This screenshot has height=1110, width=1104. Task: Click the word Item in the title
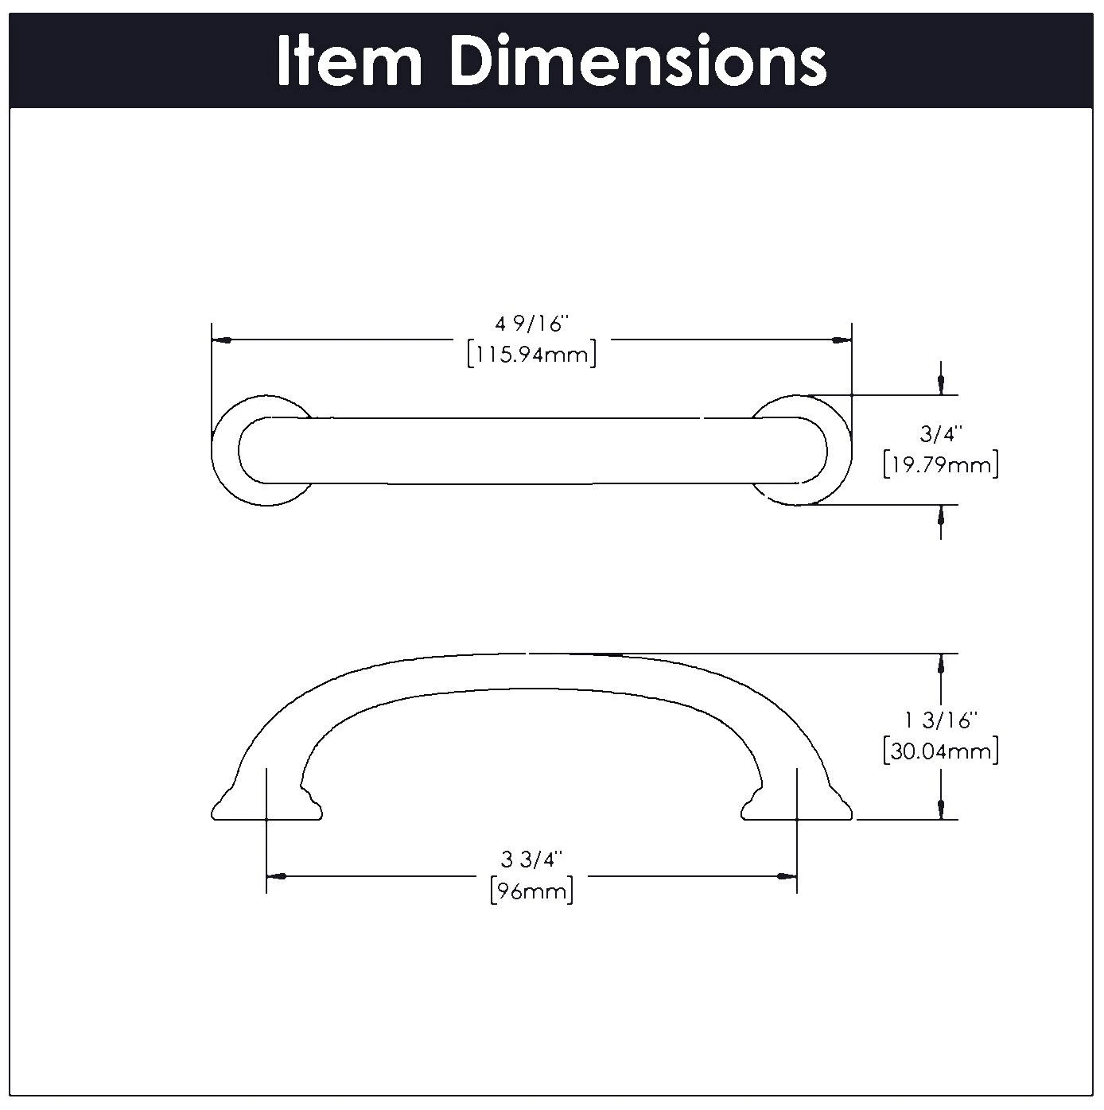tap(349, 61)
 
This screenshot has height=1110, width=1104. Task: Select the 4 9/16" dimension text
tap(532, 324)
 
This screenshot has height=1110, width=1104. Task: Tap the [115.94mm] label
tap(532, 354)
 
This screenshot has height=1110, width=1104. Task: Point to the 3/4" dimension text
tap(941, 433)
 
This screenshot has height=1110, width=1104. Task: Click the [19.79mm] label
tap(941, 464)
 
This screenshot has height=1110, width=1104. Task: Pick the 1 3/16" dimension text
tap(940, 720)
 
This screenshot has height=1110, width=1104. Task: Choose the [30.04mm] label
tap(941, 751)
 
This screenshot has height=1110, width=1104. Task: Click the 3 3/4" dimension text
tap(531, 860)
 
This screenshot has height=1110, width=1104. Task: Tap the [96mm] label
tap(531, 891)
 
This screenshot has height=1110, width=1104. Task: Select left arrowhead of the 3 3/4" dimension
tap(276, 876)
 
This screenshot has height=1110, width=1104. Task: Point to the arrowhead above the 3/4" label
tap(942, 383)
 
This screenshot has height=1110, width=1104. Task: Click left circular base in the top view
tap(225, 451)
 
